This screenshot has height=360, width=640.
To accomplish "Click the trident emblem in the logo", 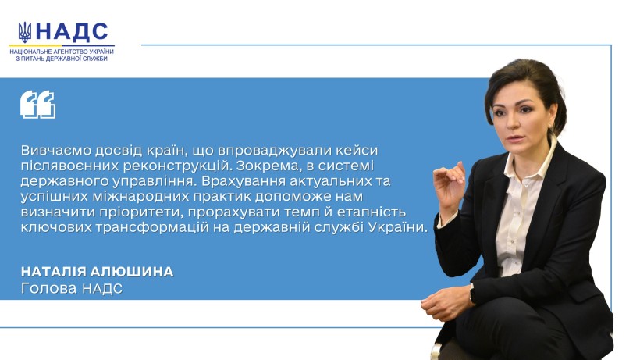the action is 24,32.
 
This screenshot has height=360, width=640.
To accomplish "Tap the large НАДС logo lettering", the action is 72,31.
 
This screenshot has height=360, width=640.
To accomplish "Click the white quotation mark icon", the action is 38,105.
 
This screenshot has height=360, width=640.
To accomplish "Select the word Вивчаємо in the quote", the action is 56,150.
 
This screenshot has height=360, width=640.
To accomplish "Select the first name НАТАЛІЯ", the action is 54,272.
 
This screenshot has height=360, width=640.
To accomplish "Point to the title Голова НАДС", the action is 72,289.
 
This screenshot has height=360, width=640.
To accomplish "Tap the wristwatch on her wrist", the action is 472,294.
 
